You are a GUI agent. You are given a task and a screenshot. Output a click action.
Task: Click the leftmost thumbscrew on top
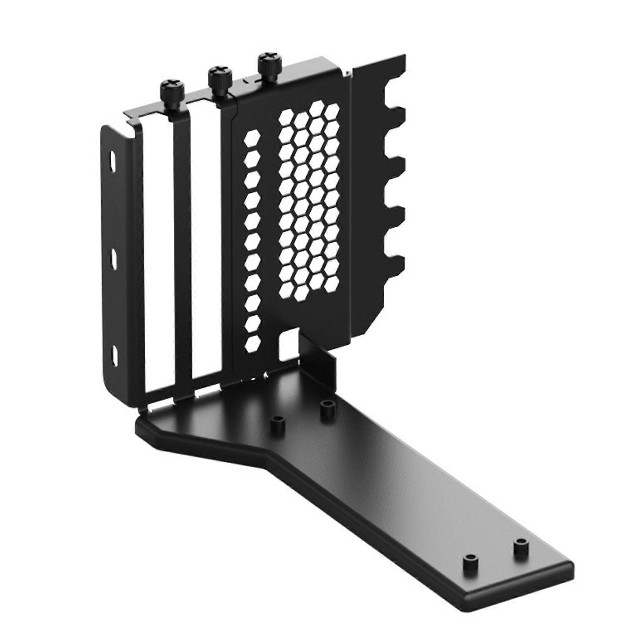click(x=173, y=91)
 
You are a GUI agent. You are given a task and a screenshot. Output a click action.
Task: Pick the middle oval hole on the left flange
click(x=113, y=259)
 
